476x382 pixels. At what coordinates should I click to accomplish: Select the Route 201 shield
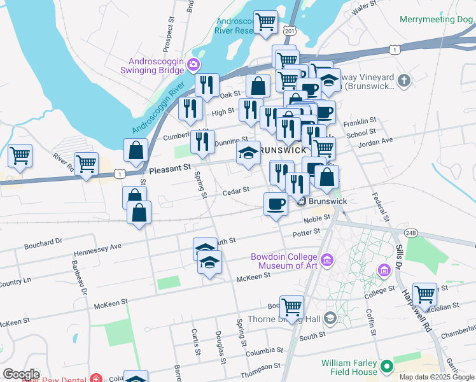pyautogui.click(x=290, y=31)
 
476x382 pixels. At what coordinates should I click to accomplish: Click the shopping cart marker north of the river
pyautogui.click(x=265, y=23)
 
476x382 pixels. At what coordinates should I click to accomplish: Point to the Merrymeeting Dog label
pyautogui.click(x=436, y=19)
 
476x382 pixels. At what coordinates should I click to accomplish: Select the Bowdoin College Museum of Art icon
pyautogui.click(x=327, y=259)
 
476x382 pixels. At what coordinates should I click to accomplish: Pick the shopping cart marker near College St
pyautogui.click(x=424, y=295)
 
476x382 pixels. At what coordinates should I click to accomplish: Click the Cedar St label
pyautogui.click(x=235, y=190)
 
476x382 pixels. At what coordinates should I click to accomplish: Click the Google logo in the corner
pyautogui.click(x=21, y=374)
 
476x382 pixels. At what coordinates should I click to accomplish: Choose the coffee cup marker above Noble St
pyautogui.click(x=276, y=204)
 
